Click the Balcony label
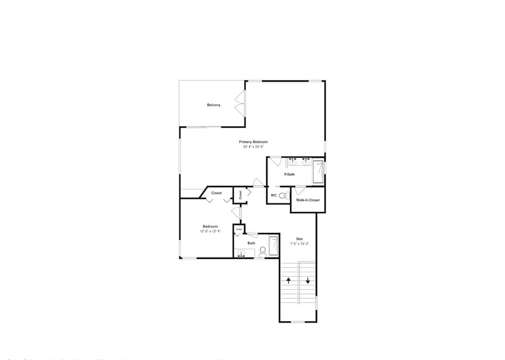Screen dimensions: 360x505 (214, 105)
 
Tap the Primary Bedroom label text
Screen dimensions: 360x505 (254, 142)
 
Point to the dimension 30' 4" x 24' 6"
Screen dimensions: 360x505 (254, 147)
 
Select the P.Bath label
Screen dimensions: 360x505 (289, 174)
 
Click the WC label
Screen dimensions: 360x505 (273, 195)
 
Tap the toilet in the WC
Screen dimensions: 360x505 (283, 195)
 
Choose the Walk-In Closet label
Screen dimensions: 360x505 (308, 200)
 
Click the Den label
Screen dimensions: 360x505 (299, 239)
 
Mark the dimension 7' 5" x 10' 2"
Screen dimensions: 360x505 (299, 244)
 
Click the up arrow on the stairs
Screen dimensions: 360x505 (288, 280)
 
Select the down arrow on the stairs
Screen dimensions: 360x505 (308, 280)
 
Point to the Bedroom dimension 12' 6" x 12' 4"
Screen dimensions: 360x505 (210, 231)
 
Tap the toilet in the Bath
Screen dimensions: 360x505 (263, 251)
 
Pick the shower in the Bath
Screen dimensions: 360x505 (273, 246)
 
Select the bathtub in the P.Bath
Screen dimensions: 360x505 (318, 172)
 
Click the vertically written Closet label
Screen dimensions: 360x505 (240, 194)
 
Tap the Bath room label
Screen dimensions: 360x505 (251, 243)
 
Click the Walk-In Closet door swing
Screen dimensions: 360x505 (299, 190)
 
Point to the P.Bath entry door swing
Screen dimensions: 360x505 (275, 162)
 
